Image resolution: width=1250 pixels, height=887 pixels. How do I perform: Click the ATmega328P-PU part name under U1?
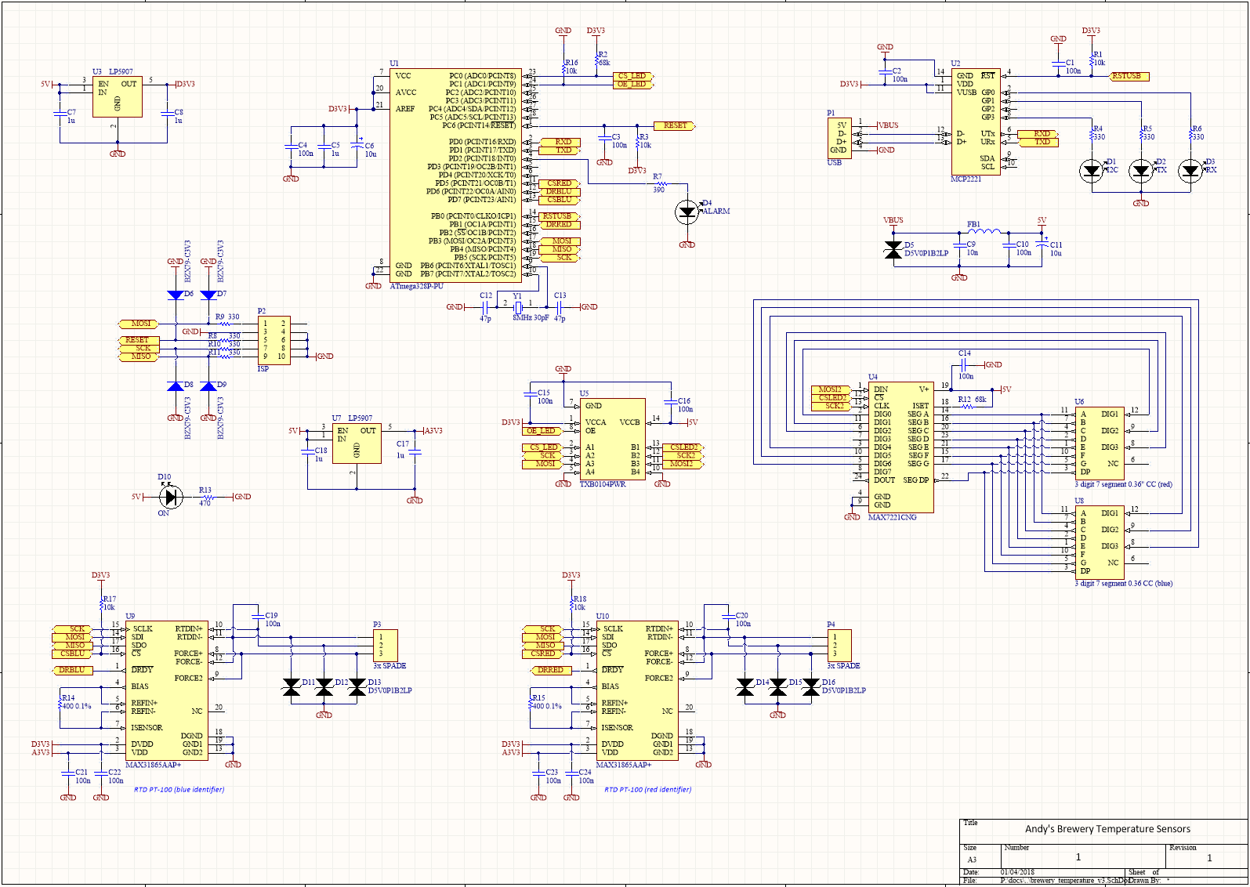(x=416, y=287)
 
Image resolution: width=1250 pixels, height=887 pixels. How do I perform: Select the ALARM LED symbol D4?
(x=687, y=211)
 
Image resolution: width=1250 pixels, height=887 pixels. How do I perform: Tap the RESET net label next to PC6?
(x=674, y=125)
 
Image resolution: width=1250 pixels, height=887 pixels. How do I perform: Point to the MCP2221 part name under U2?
(x=966, y=179)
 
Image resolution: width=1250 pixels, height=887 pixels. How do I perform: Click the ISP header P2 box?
(x=274, y=339)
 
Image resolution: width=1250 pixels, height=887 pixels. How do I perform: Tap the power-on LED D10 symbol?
(x=171, y=497)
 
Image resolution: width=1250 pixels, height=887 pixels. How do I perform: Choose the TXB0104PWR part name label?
(x=603, y=484)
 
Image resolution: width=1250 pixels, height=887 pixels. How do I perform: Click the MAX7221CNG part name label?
(x=892, y=517)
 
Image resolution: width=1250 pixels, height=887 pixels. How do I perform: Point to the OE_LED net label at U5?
(x=541, y=430)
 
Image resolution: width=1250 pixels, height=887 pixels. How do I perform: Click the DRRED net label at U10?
(x=550, y=670)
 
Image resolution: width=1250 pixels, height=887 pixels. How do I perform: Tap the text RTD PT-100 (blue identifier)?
(x=179, y=789)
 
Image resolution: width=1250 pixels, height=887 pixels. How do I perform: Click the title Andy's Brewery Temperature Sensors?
(x=1107, y=829)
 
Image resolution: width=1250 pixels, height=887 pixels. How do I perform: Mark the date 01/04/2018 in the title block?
(x=1017, y=872)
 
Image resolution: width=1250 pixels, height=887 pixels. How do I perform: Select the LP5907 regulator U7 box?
(x=357, y=444)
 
